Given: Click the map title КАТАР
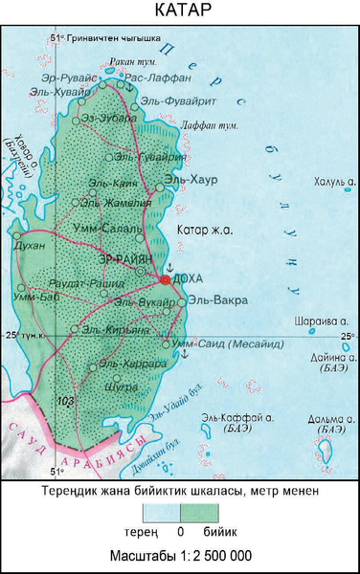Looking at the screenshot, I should pyautogui.click(x=180, y=12).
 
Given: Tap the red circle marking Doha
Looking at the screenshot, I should pyautogui.click(x=165, y=280).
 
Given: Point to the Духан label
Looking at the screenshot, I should pyautogui.click(x=31, y=246).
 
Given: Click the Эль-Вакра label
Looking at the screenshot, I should pyautogui.click(x=216, y=300).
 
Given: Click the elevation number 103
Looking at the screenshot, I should pyautogui.click(x=66, y=399).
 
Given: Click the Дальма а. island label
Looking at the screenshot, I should pyautogui.click(x=326, y=419).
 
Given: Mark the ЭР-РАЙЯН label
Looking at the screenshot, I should pyautogui.click(x=125, y=259).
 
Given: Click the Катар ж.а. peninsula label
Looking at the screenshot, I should pyautogui.click(x=206, y=230).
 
